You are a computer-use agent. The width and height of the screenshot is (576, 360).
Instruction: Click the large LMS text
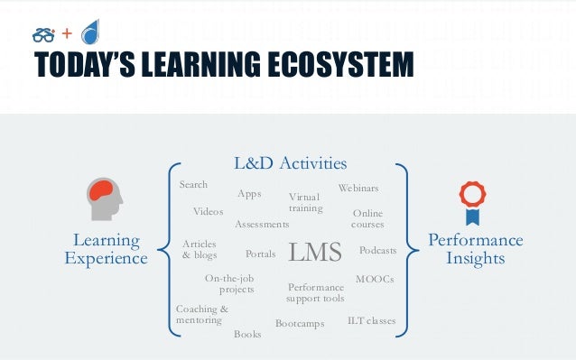pos(315,253)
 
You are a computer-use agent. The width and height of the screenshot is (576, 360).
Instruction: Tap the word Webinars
pos(358,188)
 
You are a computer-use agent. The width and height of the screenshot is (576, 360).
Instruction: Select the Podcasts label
pos(377,250)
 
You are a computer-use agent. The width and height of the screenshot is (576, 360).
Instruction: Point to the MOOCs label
pos(375,279)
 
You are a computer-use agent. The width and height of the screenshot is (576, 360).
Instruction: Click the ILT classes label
pos(371,320)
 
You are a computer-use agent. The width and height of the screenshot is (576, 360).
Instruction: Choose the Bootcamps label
pos(300,323)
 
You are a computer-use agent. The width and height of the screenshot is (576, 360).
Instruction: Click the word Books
pos(247,334)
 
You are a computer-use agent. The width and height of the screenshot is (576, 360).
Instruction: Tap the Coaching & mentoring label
pos(201,315)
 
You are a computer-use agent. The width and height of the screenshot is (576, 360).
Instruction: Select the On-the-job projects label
pos(230,284)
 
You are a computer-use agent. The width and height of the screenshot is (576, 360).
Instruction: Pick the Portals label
pos(261,254)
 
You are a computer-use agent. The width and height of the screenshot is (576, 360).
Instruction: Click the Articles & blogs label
pos(200,249)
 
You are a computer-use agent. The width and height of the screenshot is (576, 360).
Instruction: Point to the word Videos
pos(208,212)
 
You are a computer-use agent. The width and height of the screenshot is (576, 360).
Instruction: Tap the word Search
pos(193,184)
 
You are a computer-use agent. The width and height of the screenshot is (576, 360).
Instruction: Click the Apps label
pos(249,193)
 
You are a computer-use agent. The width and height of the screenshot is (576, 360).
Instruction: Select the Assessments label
pos(262,224)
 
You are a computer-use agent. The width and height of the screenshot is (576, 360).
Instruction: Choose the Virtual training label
pos(305,202)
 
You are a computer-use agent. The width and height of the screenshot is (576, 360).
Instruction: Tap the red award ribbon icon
pos(472,203)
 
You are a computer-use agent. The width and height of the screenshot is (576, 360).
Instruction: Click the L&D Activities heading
pos(290,163)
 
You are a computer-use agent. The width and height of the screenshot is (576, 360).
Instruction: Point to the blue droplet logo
pos(91,33)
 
